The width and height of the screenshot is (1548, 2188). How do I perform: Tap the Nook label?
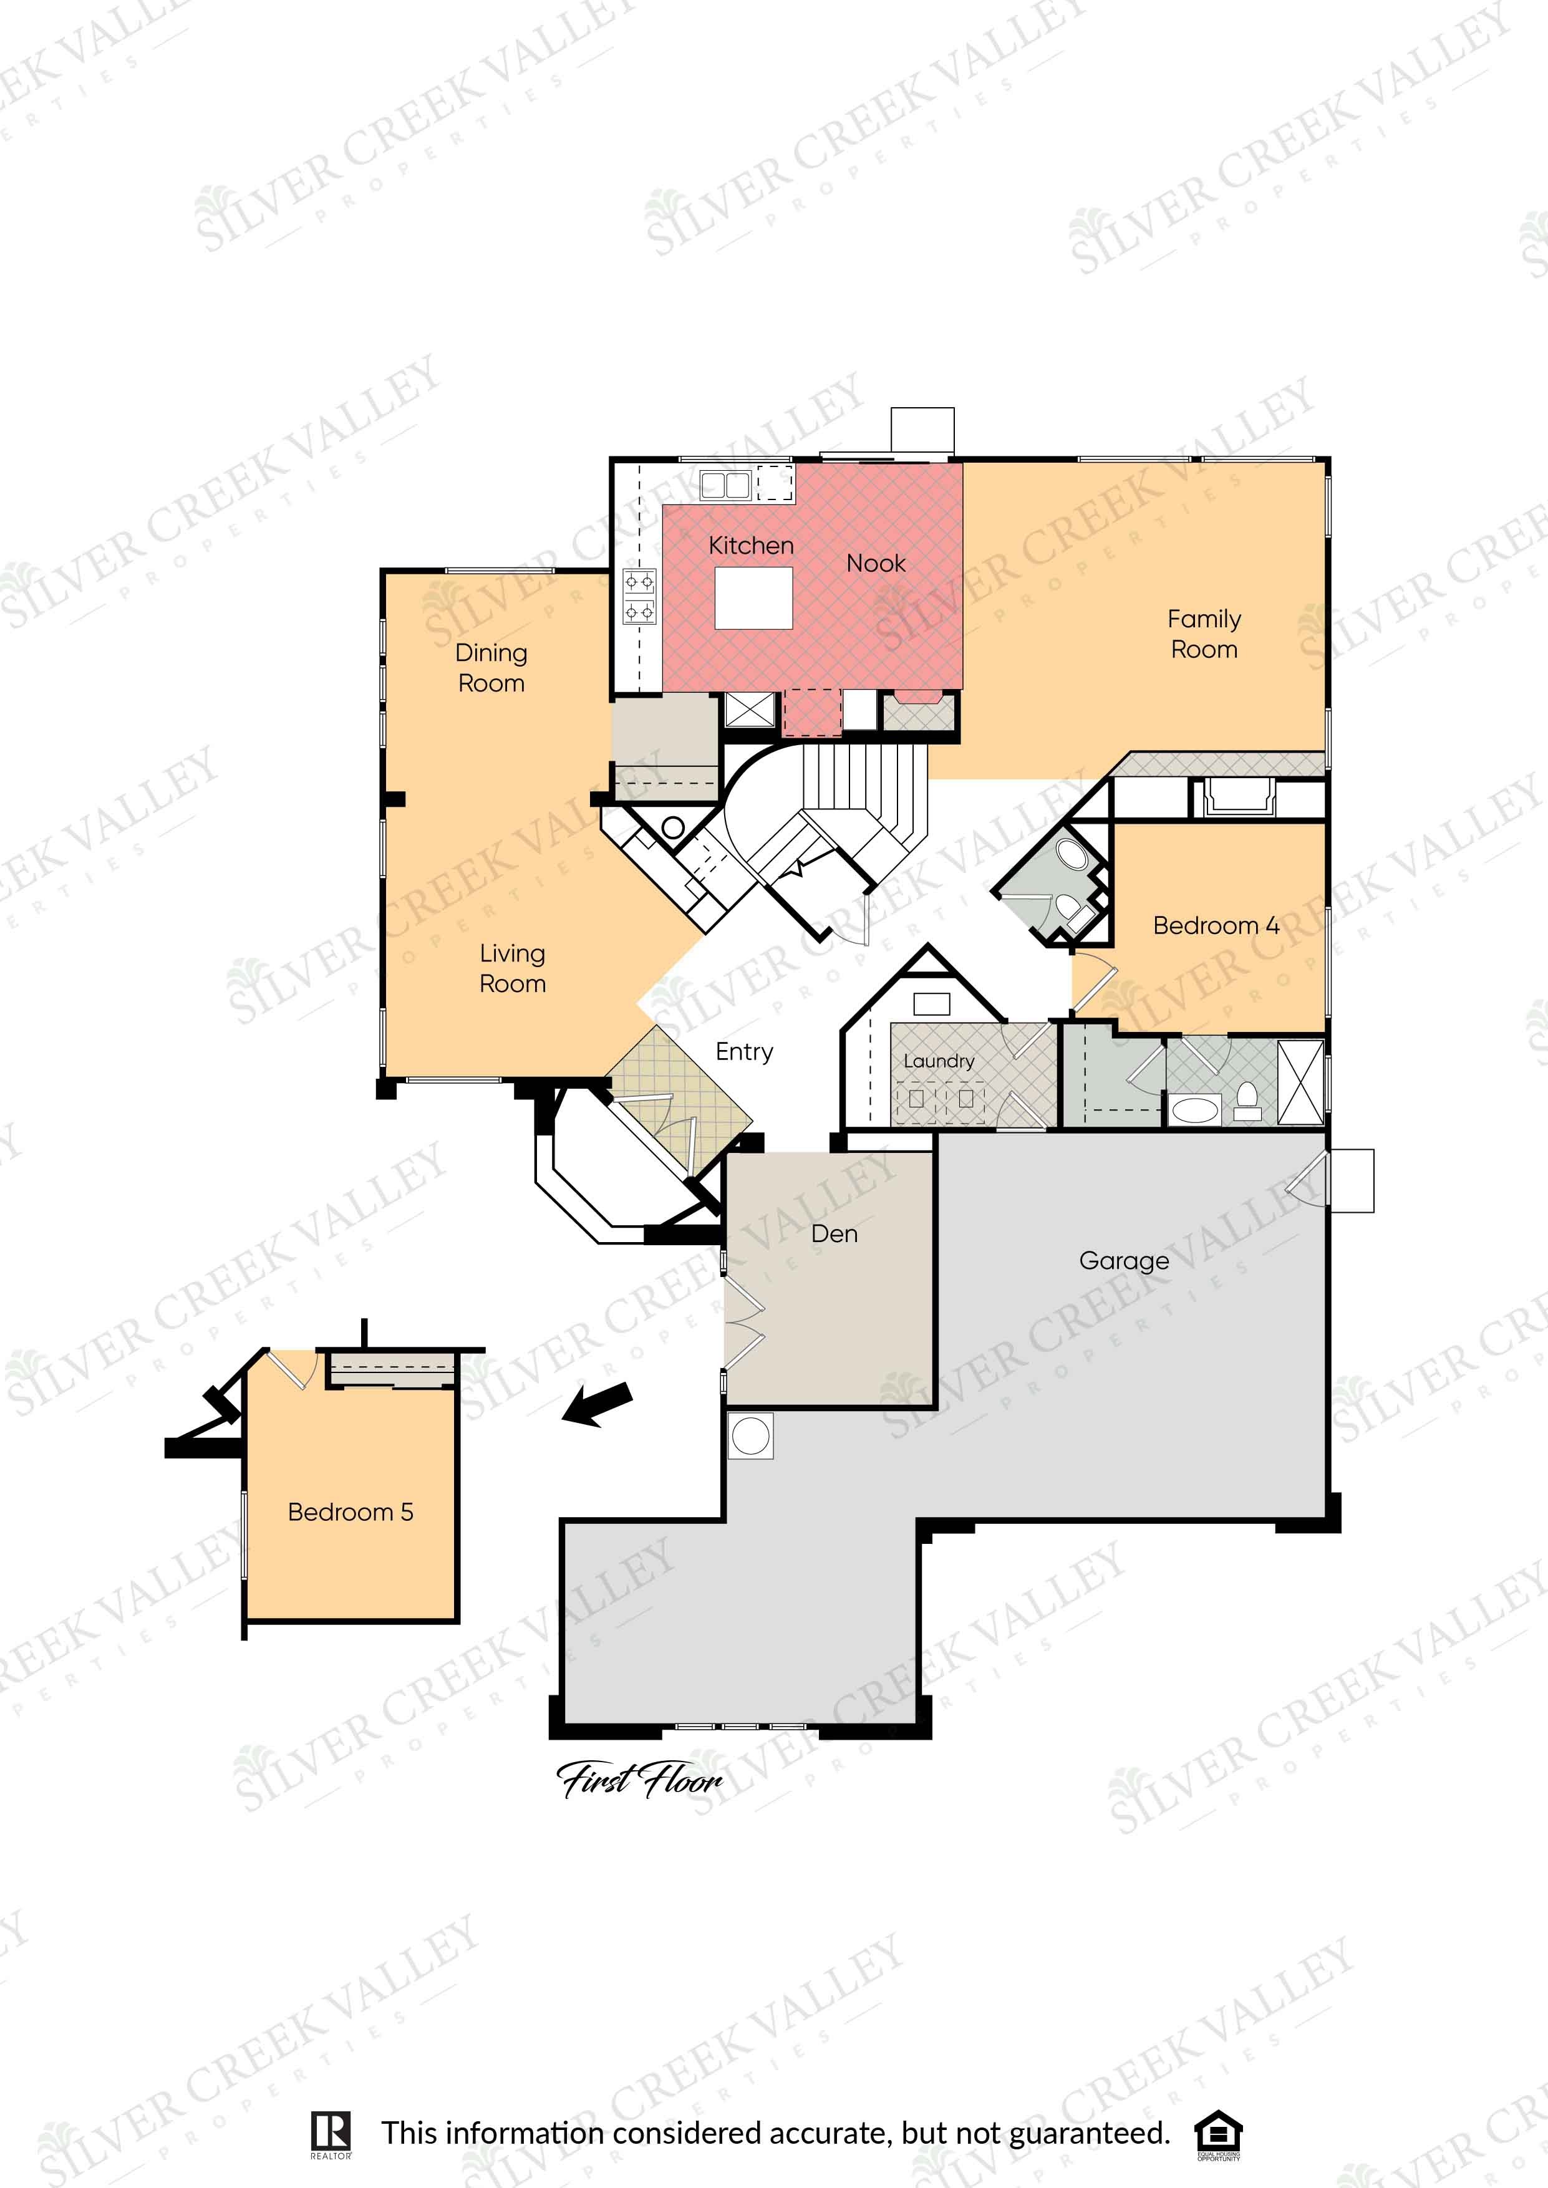click(876, 563)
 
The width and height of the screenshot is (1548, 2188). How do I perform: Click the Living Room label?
click(513, 968)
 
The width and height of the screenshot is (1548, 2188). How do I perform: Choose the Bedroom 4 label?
click(1216, 925)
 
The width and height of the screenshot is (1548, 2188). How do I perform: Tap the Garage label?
click(1124, 1261)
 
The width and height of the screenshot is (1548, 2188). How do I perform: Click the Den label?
click(834, 1234)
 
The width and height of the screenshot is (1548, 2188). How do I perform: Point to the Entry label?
click(745, 1052)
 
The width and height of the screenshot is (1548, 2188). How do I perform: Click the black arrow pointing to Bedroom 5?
click(597, 1405)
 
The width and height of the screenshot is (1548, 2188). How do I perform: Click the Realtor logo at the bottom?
click(331, 2134)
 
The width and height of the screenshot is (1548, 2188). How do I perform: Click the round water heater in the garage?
click(751, 1436)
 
